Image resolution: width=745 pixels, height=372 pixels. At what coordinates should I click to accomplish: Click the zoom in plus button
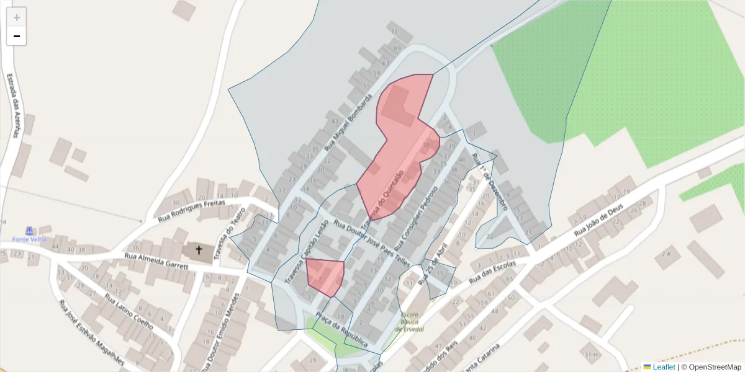click(16, 17)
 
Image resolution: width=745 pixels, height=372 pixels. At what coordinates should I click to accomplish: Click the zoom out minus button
click(16, 37)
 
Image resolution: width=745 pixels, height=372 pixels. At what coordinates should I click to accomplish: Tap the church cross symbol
click(199, 250)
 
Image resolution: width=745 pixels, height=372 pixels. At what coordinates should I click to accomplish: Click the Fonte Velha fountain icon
click(29, 231)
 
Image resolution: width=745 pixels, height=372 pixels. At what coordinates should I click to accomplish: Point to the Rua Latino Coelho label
click(129, 312)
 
